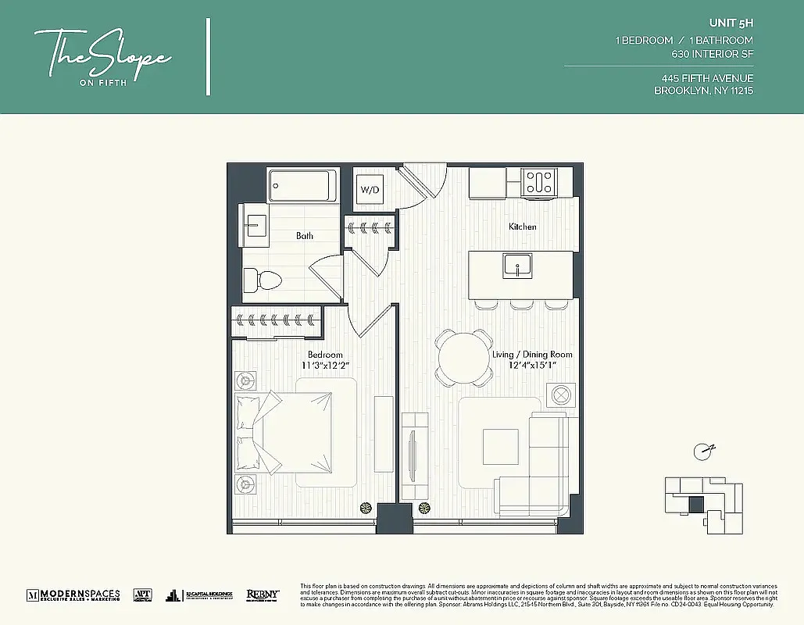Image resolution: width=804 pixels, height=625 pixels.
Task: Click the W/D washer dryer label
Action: coord(370,189)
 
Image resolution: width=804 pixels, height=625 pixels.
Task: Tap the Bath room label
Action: coord(305,235)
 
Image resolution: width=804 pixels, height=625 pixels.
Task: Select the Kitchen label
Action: coord(523,227)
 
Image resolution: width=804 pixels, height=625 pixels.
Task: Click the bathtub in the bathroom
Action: coord(302,186)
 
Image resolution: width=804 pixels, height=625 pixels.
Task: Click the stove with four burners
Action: coord(539,183)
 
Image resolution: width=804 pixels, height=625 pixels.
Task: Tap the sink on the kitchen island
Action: coord(516,266)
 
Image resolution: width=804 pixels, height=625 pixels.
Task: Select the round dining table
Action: coord(464,357)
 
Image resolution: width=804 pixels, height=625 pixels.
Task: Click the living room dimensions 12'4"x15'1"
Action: coord(532,366)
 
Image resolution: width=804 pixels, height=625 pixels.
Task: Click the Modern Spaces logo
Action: coord(73,595)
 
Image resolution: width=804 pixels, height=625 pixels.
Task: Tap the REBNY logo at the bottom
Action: coord(263,595)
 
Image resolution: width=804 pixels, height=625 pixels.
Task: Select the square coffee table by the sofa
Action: coord(500,447)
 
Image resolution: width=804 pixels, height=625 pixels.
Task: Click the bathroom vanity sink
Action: coord(253,227)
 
